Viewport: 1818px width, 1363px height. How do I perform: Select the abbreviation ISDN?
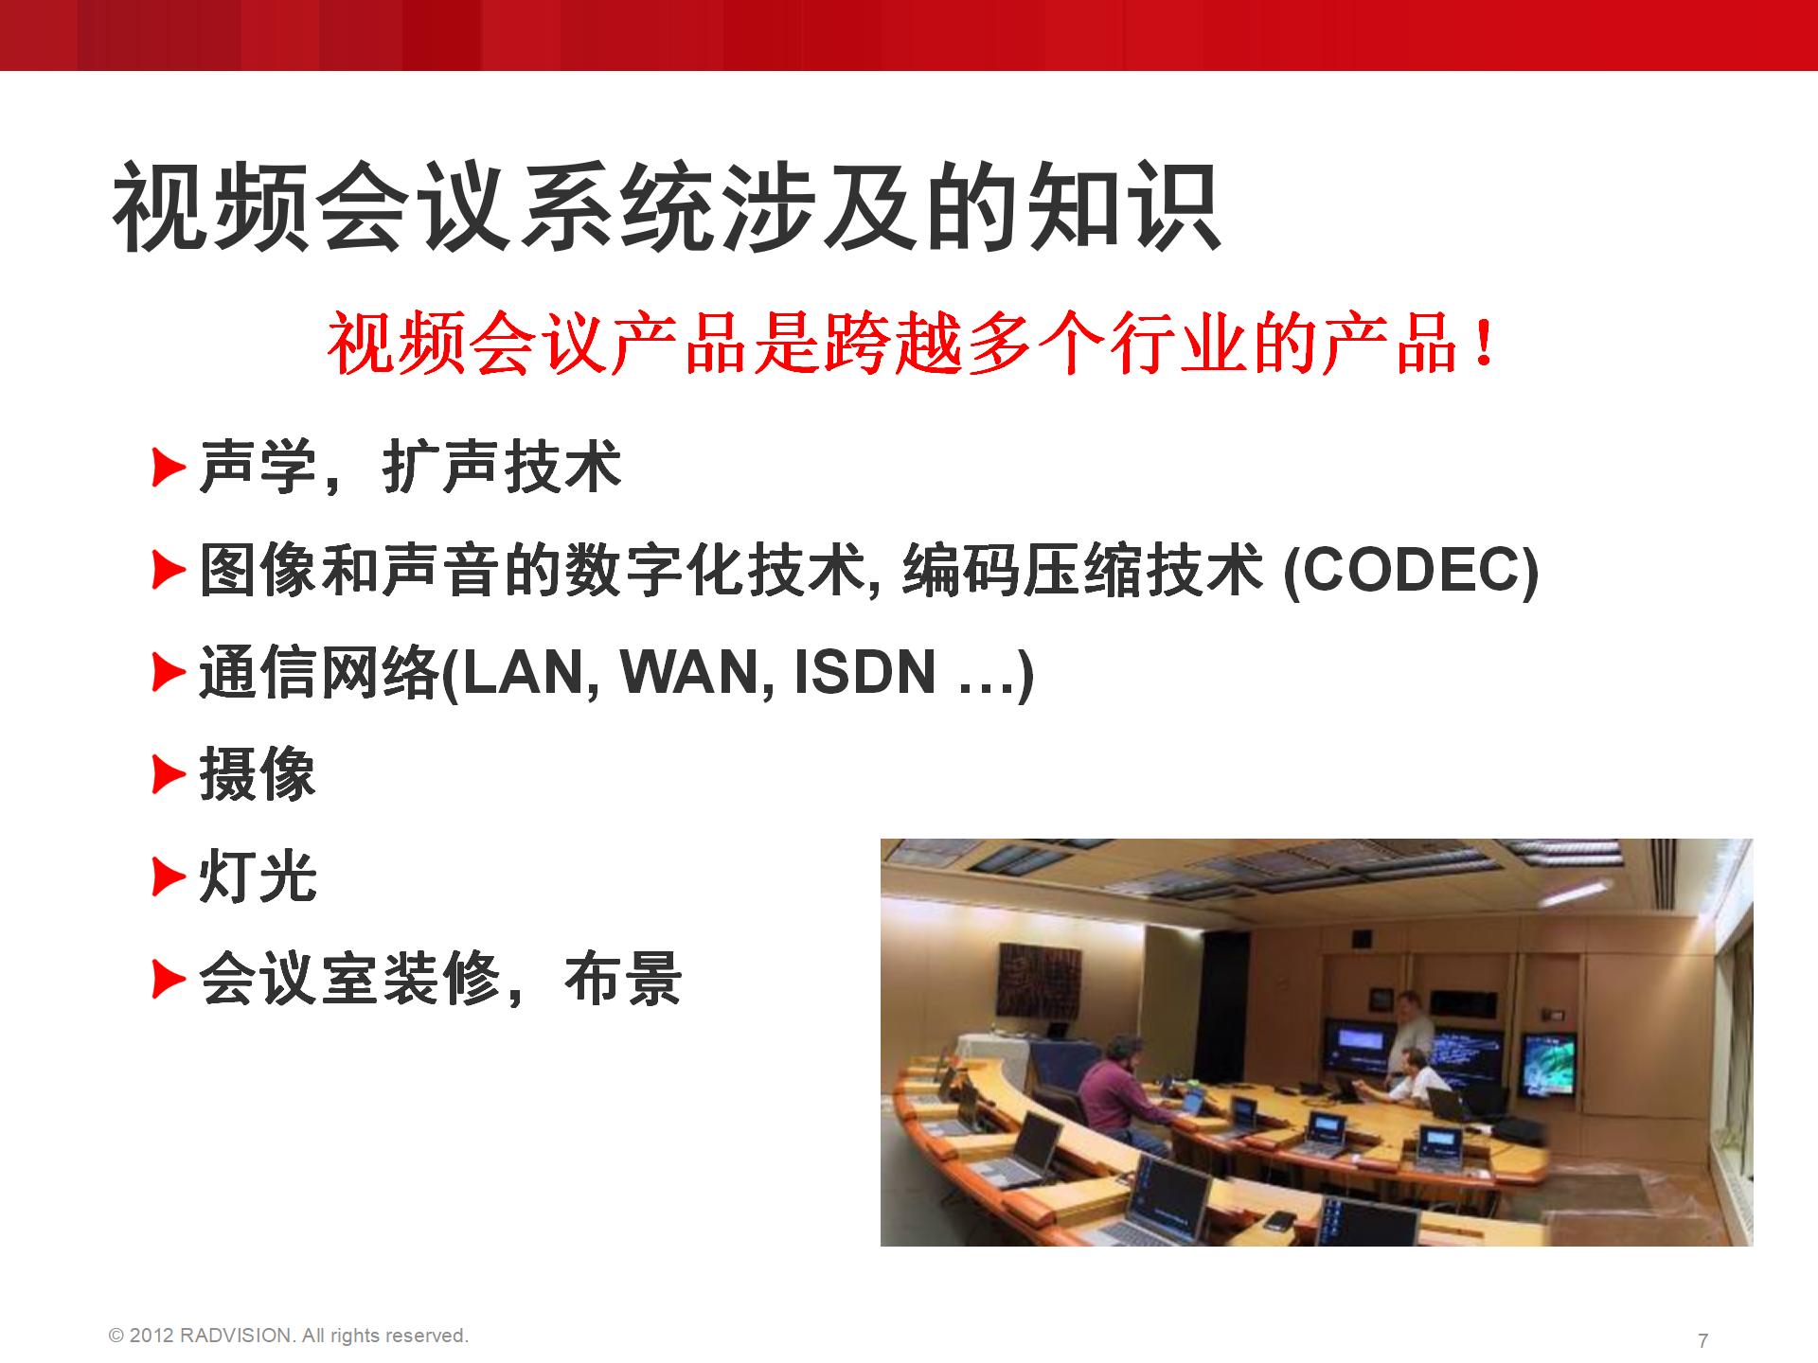864,672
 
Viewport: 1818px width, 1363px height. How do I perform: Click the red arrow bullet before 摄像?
169,775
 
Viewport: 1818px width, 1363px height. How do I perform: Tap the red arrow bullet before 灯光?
169,877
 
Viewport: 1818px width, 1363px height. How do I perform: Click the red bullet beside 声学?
169,468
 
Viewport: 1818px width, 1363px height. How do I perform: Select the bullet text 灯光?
258,877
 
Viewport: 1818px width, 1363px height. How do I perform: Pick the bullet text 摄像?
258,775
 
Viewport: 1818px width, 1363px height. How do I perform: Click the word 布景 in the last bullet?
623,979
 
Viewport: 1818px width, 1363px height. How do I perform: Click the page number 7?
1703,1340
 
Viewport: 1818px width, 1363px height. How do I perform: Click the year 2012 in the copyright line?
151,1336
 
